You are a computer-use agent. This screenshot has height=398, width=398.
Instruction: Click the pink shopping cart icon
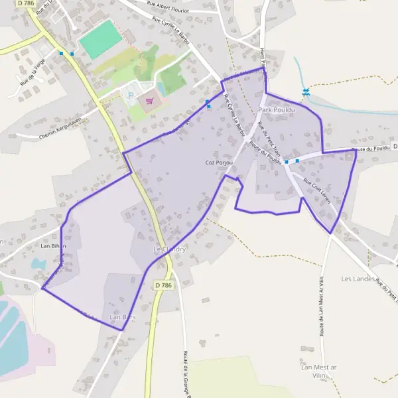pyautogui.click(x=149, y=101)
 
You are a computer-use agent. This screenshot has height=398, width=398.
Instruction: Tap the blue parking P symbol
pyautogui.click(x=131, y=95)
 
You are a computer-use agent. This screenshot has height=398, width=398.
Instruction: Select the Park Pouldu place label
pyautogui.click(x=277, y=109)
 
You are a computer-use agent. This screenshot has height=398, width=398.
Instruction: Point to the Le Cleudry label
pyautogui.click(x=169, y=249)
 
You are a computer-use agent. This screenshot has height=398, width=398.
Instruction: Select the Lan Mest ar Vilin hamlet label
pyautogui.click(x=319, y=371)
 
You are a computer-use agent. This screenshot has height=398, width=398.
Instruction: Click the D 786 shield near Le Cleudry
pyautogui.click(x=163, y=285)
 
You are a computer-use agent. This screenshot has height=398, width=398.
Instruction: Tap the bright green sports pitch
pyautogui.click(x=100, y=38)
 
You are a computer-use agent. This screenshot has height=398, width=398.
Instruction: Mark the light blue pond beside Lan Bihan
pyautogui.click(x=38, y=263)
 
